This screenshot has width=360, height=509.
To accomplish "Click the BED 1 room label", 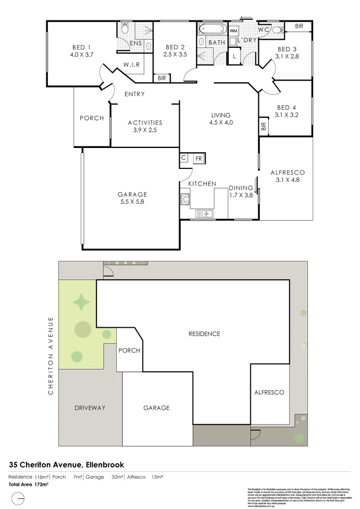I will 81,46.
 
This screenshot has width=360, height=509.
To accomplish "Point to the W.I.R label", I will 132,65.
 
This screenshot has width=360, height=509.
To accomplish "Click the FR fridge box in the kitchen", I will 198,159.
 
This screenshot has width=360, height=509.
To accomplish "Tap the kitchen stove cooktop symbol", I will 185,200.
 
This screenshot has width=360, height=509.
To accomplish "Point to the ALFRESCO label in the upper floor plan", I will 287,172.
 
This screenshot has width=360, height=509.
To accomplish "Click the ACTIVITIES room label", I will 145,122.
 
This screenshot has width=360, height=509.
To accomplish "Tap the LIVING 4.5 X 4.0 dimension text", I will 221,123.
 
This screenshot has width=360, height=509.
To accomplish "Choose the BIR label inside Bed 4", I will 264,127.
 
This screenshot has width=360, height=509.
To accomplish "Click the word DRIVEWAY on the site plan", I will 90,408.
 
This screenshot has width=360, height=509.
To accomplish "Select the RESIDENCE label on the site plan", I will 204,334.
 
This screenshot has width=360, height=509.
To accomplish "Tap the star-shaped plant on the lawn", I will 81,302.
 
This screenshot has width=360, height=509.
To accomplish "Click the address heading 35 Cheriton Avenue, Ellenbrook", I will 67,464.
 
